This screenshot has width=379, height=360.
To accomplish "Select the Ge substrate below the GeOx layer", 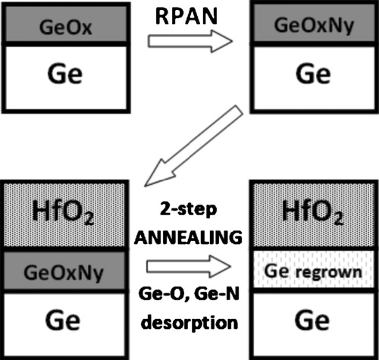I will click(64, 76).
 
